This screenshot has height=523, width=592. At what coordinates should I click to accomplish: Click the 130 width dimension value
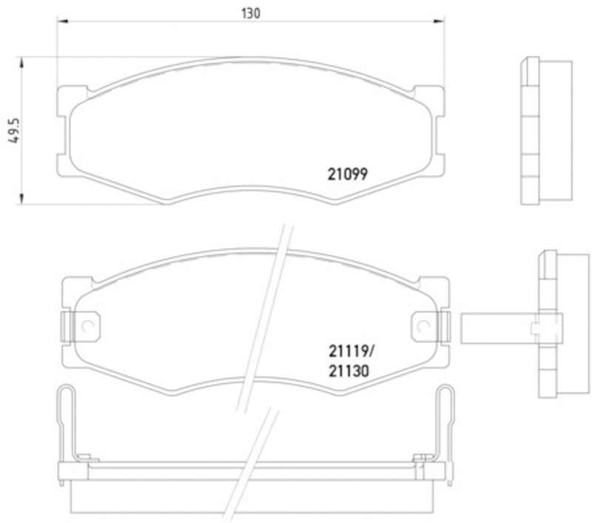[x=251, y=13]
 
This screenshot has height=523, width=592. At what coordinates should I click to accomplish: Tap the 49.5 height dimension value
[x=14, y=130]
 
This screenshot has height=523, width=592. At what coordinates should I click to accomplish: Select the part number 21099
[x=347, y=174]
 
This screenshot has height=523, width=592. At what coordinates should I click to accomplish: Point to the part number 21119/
[x=351, y=351]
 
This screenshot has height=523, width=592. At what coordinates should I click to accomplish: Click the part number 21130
[x=349, y=371]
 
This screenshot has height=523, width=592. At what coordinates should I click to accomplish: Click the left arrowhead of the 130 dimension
[x=62, y=21]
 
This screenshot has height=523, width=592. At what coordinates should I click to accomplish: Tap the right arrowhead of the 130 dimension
[x=439, y=21]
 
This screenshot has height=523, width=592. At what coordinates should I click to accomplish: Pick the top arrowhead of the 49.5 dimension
[x=22, y=63]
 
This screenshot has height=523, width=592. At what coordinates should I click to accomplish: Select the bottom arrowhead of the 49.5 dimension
[x=22, y=199]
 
